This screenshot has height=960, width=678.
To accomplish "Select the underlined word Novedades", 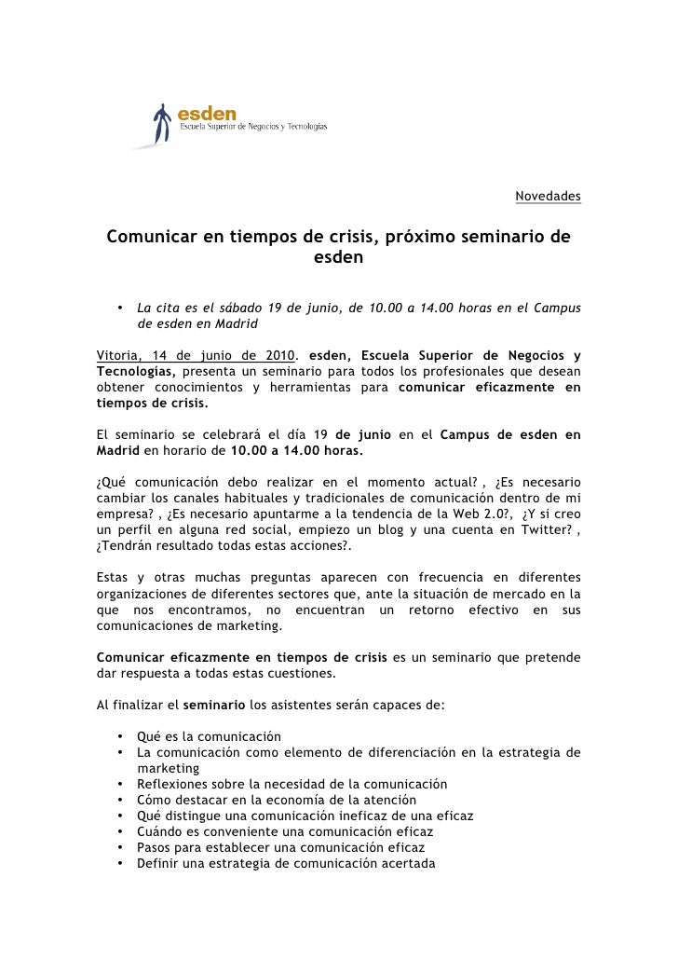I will click(x=548, y=197).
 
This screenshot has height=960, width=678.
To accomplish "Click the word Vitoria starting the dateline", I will click(x=119, y=355).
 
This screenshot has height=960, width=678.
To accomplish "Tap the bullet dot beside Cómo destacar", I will click(x=121, y=800).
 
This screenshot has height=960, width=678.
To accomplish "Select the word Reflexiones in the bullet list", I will click(x=171, y=784).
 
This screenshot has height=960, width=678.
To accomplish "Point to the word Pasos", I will click(x=154, y=847).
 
